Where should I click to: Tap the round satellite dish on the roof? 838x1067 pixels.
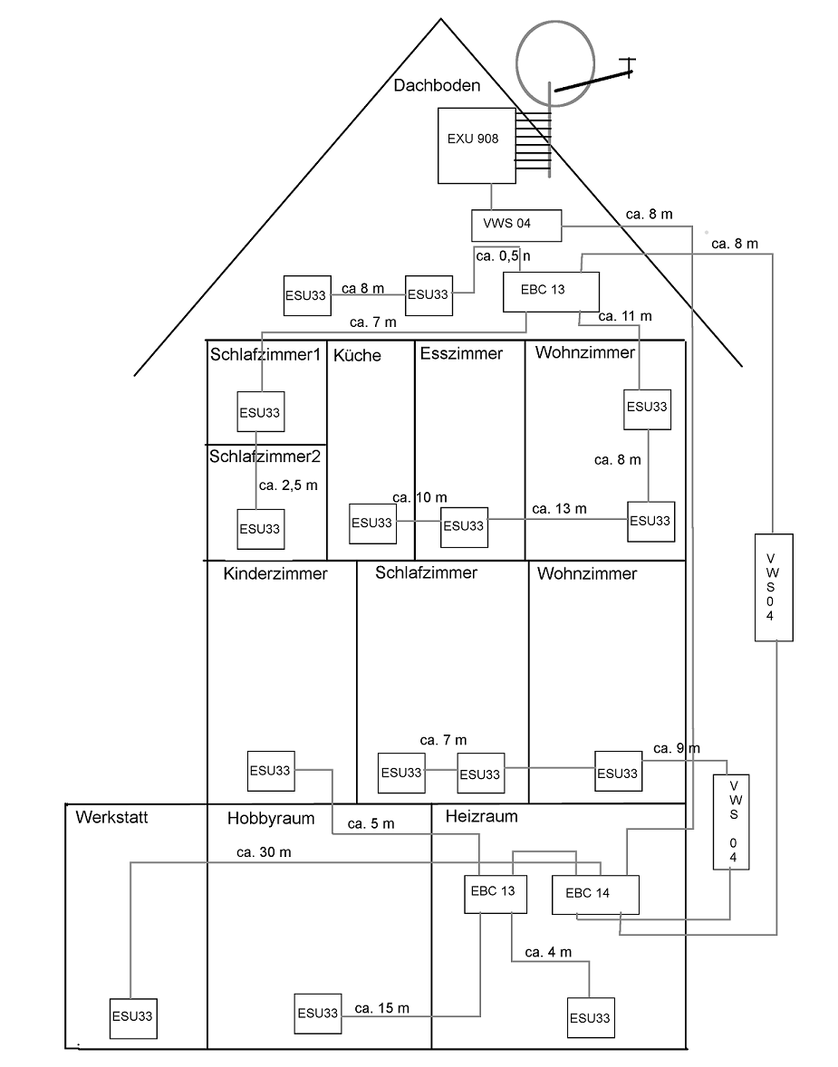(554, 59)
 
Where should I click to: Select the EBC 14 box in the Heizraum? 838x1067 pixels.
(595, 894)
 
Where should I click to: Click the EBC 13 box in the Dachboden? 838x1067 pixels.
(552, 292)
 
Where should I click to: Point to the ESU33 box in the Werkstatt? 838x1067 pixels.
(132, 1016)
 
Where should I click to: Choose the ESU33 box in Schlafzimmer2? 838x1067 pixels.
(260, 528)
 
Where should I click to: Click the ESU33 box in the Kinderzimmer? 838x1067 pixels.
(271, 771)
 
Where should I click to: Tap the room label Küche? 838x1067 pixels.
(357, 355)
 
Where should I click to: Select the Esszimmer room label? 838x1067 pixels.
(461, 353)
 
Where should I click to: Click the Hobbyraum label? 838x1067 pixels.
(271, 819)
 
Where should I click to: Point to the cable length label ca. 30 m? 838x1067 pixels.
(264, 851)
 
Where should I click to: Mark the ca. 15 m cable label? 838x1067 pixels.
(381, 1007)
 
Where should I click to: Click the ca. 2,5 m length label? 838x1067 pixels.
(288, 485)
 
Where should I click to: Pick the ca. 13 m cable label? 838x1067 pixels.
(559, 509)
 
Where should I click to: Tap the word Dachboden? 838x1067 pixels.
(437, 85)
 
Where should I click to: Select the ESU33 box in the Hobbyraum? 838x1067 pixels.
(317, 1013)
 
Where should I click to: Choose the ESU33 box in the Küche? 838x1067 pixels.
(373, 523)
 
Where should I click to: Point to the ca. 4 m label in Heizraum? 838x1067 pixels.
(548, 952)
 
